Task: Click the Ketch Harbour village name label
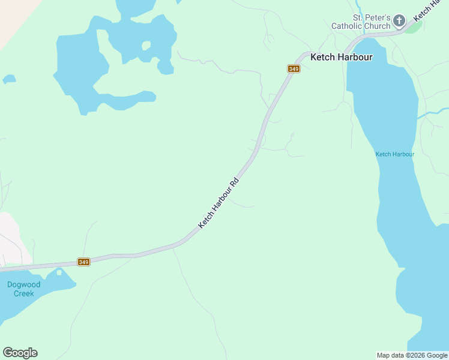(x=341, y=57)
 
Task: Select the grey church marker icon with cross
(x=399, y=22)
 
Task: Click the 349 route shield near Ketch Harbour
(x=294, y=69)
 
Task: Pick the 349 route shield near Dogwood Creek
(x=83, y=262)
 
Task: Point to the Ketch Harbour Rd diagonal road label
(x=218, y=202)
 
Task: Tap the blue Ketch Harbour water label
(x=395, y=154)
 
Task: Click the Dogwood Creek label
(x=24, y=289)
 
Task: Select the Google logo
(x=20, y=353)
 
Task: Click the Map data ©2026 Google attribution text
(x=412, y=355)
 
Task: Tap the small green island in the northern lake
(x=146, y=46)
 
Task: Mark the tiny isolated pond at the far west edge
(x=8, y=79)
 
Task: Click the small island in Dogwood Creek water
(x=59, y=272)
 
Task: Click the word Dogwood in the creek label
(x=24, y=285)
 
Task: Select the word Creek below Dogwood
(x=24, y=294)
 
